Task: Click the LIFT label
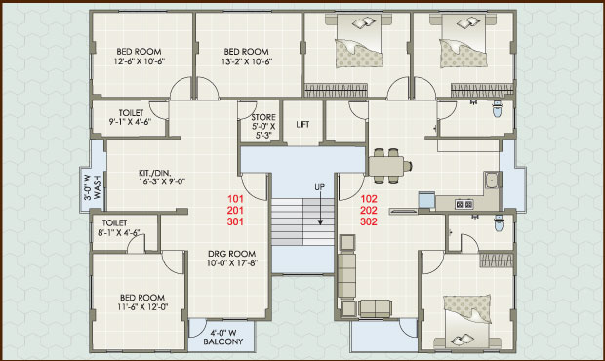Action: [x=302, y=124]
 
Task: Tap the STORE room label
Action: [x=263, y=117]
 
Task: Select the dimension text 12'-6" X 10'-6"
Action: [x=140, y=61]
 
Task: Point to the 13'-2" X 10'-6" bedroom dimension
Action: [x=247, y=61]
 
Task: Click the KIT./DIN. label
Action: [x=155, y=173]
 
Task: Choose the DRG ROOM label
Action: [x=232, y=254]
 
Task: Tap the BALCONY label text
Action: [x=223, y=341]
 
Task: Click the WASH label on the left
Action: [x=97, y=187]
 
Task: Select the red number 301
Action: [x=235, y=221]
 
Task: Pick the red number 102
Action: [x=369, y=199]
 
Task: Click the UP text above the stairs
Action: [x=319, y=187]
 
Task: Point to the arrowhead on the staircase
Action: [x=320, y=221]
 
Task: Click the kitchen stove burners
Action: [x=464, y=204]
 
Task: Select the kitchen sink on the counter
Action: [x=492, y=180]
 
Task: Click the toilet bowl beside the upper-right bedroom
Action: [x=498, y=109]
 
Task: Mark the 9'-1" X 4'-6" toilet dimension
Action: [x=131, y=122]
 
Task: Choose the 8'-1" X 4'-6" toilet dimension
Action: [x=119, y=232]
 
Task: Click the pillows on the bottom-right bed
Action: [x=463, y=340]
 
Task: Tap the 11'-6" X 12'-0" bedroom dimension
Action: [x=142, y=307]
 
